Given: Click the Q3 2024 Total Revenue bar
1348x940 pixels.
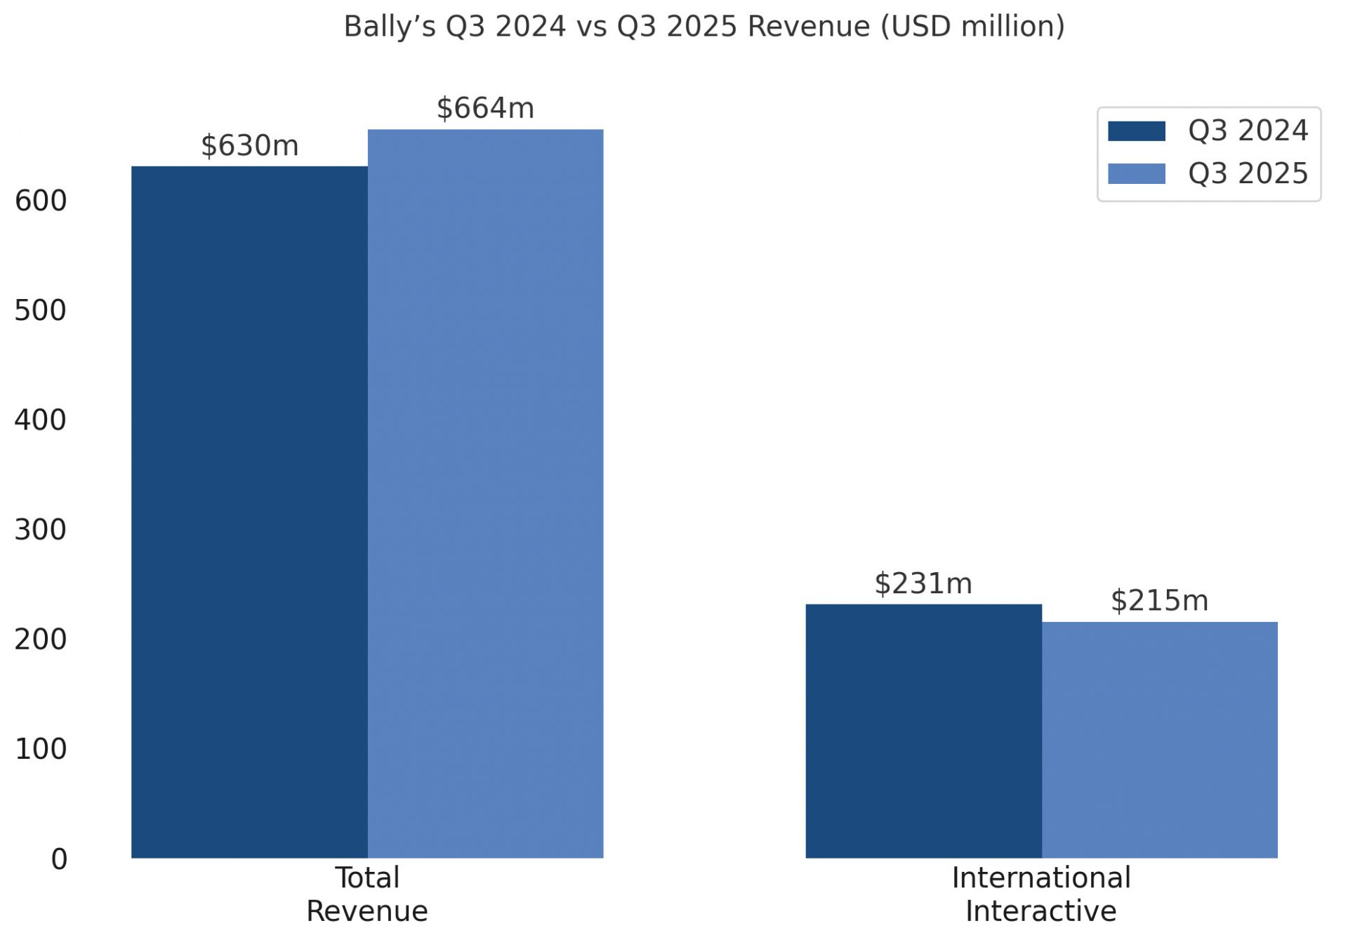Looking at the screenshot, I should (x=249, y=512).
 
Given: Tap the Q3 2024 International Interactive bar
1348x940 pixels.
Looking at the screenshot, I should (x=923, y=731).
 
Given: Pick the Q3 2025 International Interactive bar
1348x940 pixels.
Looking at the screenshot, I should (x=1159, y=740).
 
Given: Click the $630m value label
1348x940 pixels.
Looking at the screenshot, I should (x=250, y=146).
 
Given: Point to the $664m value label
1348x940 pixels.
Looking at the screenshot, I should (x=485, y=108).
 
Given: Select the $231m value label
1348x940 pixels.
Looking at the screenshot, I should (x=923, y=584).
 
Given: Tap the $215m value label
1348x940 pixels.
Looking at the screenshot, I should (x=1159, y=601).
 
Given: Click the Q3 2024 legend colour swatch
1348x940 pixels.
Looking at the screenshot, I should (x=1136, y=131).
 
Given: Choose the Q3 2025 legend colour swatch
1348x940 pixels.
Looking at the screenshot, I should (x=1136, y=173).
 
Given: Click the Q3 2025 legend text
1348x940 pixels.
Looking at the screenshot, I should (x=1248, y=173).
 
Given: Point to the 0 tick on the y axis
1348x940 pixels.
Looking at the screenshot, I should (x=59, y=859).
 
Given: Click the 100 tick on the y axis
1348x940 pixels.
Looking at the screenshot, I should (x=41, y=749).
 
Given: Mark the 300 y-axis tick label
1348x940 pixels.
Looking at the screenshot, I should (x=41, y=530).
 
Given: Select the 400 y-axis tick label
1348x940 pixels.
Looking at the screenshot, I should (x=41, y=421).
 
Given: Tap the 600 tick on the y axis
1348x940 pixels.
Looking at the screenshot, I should (x=41, y=201).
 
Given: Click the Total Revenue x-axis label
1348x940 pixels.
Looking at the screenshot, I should (x=367, y=894).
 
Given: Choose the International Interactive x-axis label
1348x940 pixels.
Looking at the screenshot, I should (x=1041, y=894).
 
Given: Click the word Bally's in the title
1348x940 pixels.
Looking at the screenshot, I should (x=390, y=27).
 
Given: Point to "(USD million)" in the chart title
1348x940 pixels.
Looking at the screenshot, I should (x=972, y=27).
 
